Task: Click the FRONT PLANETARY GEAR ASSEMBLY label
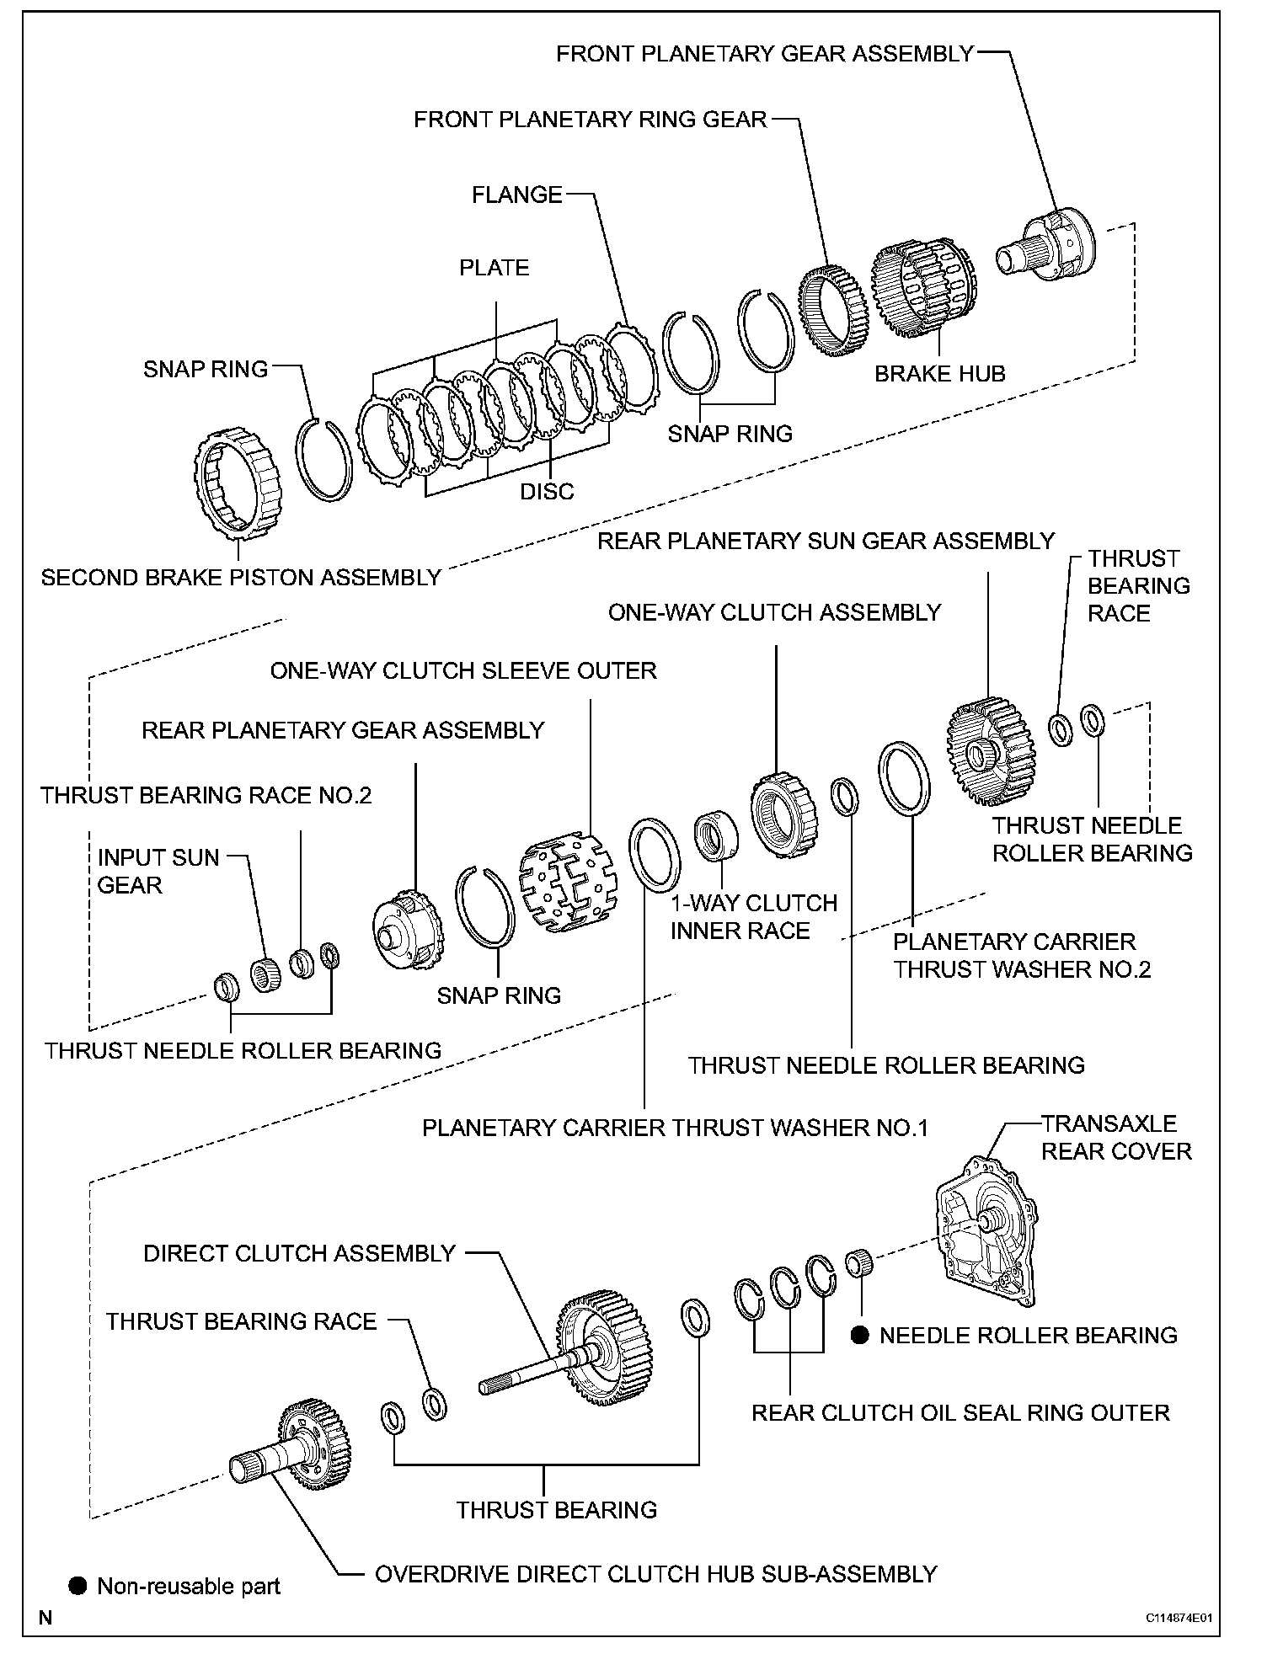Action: click(764, 54)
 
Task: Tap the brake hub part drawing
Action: click(922, 287)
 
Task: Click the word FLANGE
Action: click(516, 195)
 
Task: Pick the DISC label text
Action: click(547, 492)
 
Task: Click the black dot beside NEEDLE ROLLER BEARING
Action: click(859, 1336)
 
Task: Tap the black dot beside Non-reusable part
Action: click(78, 1587)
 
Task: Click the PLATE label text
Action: click(494, 268)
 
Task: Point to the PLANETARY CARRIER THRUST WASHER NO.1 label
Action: click(675, 1128)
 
